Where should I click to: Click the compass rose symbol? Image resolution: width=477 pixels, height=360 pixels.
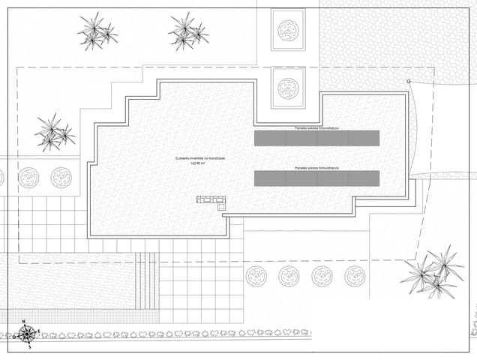pyautogui.click(x=27, y=334)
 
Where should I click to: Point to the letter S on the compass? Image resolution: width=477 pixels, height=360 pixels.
pyautogui.click(x=29, y=346)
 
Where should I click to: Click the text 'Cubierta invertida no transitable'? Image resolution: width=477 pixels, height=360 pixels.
pyautogui.click(x=200, y=158)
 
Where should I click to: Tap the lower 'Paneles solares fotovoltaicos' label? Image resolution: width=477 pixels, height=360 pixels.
pyautogui.click(x=316, y=168)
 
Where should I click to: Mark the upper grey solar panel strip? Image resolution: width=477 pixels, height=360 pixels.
pyautogui.click(x=316, y=139)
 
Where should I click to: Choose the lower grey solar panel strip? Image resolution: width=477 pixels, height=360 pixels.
pyautogui.click(x=316, y=178)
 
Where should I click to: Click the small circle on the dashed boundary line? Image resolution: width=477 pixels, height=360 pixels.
pyautogui.click(x=408, y=81)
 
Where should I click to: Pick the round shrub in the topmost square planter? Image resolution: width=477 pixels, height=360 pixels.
pyautogui.click(x=288, y=30)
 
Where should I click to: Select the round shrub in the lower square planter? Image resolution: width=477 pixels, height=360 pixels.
pyautogui.click(x=288, y=88)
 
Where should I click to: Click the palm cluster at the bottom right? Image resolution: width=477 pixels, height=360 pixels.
pyautogui.click(x=433, y=273)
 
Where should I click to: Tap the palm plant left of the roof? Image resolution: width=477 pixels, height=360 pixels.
pyautogui.click(x=53, y=133)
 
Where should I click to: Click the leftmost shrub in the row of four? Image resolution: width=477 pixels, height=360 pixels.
pyautogui.click(x=256, y=276)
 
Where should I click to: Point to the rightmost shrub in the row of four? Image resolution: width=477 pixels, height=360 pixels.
pyautogui.click(x=355, y=276)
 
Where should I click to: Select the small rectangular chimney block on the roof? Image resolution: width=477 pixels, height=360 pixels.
pyautogui.click(x=211, y=199)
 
